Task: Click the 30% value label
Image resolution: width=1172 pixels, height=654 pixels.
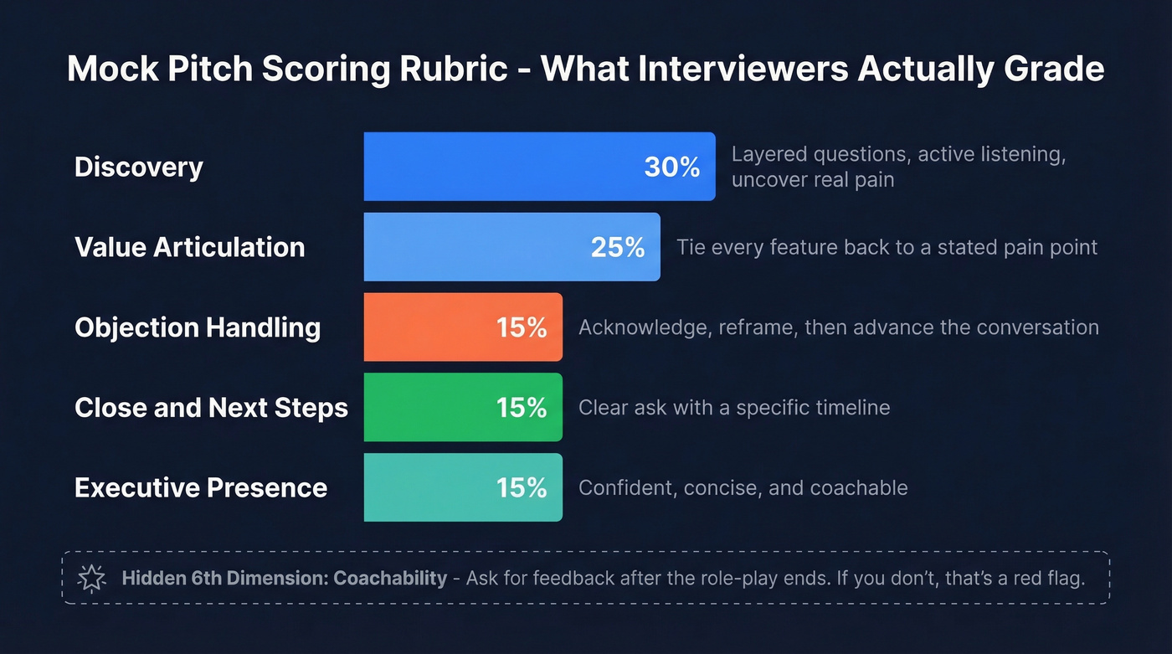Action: (671, 167)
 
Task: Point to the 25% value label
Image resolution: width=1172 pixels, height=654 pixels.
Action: (617, 247)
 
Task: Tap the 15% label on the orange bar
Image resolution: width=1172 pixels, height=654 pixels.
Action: (521, 327)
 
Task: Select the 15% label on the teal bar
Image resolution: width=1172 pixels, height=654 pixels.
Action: (521, 487)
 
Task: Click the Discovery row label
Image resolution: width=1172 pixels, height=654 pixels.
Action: (138, 167)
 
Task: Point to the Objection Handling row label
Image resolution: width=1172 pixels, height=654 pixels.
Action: (197, 327)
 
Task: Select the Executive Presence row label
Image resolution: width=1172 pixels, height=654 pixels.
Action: (200, 487)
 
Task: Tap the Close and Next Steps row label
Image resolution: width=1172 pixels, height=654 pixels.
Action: (211, 408)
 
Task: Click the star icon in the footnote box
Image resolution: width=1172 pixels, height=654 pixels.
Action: (90, 578)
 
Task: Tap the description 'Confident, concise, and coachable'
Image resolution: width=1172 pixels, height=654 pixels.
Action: (743, 487)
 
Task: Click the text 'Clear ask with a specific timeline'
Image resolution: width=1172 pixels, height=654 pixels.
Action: (733, 408)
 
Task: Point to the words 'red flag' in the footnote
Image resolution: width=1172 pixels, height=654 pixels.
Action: (1051, 578)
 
